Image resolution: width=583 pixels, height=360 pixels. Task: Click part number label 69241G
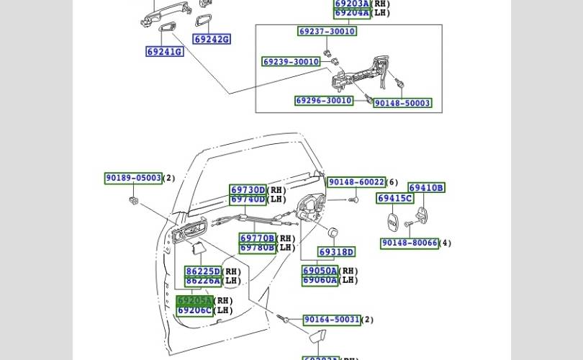[x=164, y=52]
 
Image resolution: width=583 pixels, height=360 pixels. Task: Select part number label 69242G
[x=212, y=40]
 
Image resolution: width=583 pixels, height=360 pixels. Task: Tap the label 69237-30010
[x=327, y=32]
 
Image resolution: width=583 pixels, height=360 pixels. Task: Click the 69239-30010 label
[x=291, y=62]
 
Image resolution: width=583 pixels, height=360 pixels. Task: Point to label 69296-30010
[x=324, y=101]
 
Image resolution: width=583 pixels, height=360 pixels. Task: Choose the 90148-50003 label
[x=402, y=103]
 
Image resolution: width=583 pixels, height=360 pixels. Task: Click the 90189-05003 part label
[x=133, y=178]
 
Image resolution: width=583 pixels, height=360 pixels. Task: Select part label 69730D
[x=248, y=190]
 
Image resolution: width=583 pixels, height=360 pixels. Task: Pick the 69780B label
[x=257, y=248]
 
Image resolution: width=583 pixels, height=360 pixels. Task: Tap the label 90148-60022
[x=356, y=183]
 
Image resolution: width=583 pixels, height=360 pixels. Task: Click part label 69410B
[x=426, y=188]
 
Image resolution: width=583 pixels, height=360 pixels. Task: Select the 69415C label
[x=394, y=199]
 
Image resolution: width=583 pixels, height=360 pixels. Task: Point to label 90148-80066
[x=409, y=243]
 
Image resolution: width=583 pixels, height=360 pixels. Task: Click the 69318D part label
[x=336, y=252]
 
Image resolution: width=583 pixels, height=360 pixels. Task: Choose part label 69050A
[x=320, y=271]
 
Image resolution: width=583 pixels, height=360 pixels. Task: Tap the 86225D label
[x=202, y=271]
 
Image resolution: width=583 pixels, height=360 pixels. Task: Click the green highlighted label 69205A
[x=194, y=301]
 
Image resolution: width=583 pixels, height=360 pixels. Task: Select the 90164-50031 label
[x=331, y=320]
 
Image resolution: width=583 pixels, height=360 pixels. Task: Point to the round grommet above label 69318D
[x=333, y=233]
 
